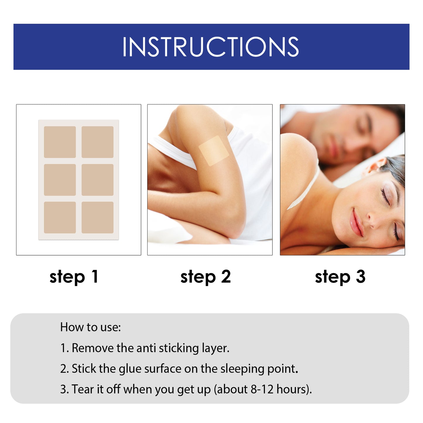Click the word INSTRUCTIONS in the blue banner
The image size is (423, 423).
[x=211, y=47]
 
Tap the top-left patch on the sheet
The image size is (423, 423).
[x=60, y=142]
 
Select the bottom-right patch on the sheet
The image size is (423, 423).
[x=97, y=218]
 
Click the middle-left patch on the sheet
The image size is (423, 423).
[x=60, y=180]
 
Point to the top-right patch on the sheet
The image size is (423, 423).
[x=97, y=142]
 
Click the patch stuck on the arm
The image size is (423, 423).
[x=214, y=151]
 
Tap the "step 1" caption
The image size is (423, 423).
[x=74, y=277]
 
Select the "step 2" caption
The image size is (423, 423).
[x=205, y=277]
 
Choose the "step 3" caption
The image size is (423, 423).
[x=340, y=277]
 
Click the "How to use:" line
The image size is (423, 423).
[x=90, y=327]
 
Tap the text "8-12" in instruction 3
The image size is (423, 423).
[x=262, y=390]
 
